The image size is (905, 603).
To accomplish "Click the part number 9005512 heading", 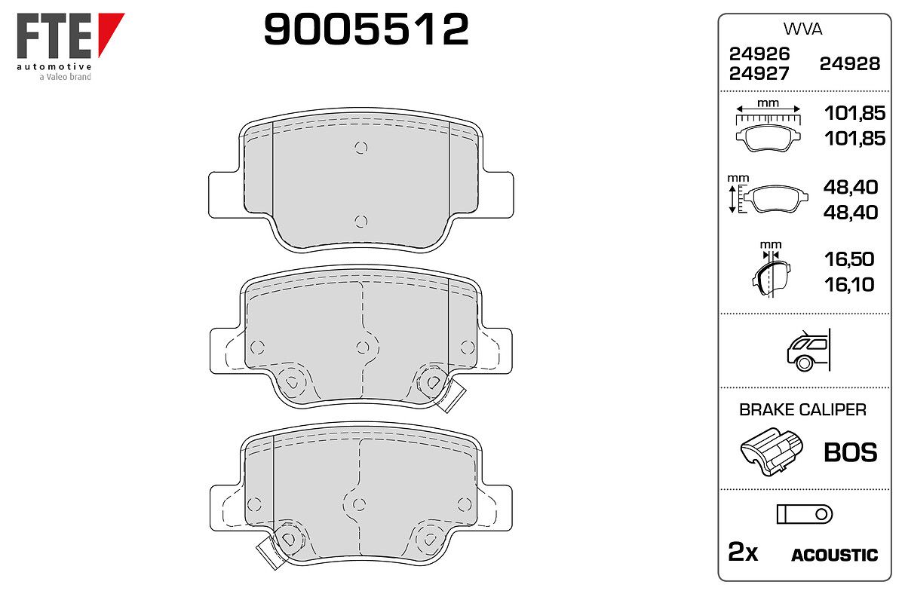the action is point(367,29).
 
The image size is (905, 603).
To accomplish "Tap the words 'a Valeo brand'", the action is point(65,77).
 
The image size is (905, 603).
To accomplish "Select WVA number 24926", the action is point(759,54).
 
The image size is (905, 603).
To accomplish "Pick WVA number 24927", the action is point(759,74).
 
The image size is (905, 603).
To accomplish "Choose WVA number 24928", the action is point(850,64).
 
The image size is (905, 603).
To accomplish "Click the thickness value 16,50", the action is point(849,259).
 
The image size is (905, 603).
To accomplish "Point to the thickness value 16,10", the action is point(849,285).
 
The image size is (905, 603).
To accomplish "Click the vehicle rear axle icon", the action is point(808,350).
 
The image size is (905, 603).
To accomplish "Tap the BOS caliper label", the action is point(851,452).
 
